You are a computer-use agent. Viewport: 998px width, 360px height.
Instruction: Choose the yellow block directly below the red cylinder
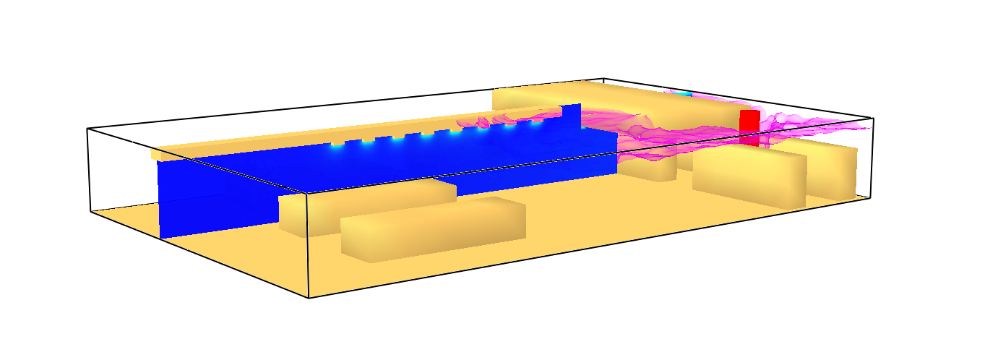[748, 176]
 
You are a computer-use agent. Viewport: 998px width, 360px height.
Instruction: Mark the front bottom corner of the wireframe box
[309, 297]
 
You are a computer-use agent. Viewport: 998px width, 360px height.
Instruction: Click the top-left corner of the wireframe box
[87, 129]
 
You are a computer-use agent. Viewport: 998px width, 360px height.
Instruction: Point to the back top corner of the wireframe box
[603, 78]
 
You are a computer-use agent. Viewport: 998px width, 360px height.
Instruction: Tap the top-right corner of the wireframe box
[873, 117]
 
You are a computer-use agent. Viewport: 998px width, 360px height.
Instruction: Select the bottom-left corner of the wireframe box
[91, 211]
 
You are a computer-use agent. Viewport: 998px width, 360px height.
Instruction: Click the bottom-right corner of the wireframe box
[869, 197]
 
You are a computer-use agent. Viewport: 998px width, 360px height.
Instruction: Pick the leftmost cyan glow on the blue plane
[337, 144]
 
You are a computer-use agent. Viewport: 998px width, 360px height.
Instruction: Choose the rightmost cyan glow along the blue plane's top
[536, 121]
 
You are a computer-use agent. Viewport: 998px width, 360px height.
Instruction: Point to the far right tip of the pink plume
[866, 127]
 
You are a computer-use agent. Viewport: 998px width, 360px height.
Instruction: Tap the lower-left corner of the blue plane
[160, 237]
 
